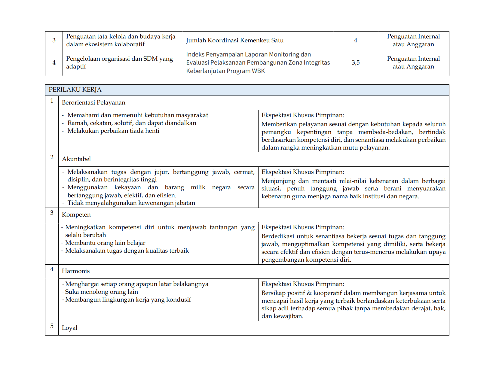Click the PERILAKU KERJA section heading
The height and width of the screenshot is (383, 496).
[x=75, y=90]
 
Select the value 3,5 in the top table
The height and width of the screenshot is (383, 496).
[x=356, y=62]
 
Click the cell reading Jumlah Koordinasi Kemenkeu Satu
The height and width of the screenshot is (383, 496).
[x=234, y=41]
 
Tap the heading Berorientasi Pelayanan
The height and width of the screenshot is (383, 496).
[x=93, y=103]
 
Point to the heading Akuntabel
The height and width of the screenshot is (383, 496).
[x=76, y=159]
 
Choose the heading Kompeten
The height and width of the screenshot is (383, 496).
[x=76, y=215]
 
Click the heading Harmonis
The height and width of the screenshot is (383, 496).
[x=76, y=271]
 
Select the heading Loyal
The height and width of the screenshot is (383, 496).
[x=69, y=328]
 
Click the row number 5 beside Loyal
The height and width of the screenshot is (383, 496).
[x=52, y=326]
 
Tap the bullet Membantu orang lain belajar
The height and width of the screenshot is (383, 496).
[x=105, y=243]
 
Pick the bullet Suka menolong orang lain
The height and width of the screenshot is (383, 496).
[x=102, y=292]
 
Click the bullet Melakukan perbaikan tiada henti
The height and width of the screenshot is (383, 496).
[x=113, y=131]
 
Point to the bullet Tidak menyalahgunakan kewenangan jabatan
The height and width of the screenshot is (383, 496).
[x=131, y=203]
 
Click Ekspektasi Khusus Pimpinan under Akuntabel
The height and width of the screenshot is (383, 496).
[x=303, y=172]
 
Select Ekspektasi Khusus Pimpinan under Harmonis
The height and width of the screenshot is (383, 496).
[x=303, y=284]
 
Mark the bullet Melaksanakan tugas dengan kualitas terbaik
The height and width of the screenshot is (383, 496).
[x=127, y=251]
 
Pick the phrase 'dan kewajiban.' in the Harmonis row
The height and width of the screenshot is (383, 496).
[x=282, y=316]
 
